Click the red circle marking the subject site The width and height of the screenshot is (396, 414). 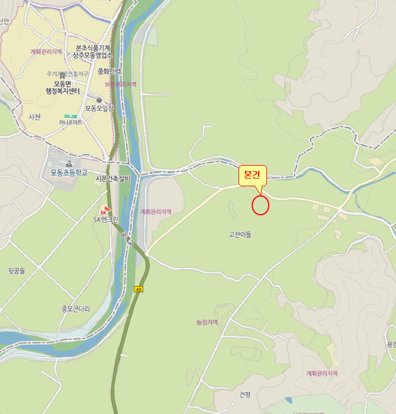[260, 205]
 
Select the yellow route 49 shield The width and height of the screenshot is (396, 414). [139, 289]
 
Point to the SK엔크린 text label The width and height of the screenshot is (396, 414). [106, 219]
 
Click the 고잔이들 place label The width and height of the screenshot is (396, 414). [240, 234]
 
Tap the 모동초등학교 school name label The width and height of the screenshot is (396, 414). [69, 173]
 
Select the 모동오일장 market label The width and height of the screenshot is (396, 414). [99, 108]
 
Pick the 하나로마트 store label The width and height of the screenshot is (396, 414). [70, 122]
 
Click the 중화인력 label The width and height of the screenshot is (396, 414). [109, 72]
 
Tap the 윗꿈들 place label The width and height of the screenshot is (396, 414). [17, 271]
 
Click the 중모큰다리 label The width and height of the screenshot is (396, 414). [76, 309]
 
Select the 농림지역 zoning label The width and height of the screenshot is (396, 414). [207, 322]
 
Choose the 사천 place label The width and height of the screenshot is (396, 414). [34, 117]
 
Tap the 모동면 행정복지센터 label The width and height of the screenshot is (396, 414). [67, 88]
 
